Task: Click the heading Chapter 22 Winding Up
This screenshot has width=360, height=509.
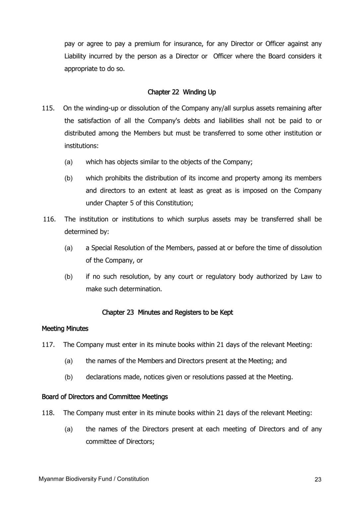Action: [182, 92]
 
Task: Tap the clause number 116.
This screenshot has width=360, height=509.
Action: [49, 219]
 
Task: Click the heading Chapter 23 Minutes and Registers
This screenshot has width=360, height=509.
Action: [167, 312]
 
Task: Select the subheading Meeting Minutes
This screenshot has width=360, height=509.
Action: [65, 329]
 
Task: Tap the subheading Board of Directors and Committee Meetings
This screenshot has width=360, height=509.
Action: [105, 397]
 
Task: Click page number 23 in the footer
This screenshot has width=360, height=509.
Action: [318, 480]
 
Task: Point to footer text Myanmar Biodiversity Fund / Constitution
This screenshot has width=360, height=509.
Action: [94, 479]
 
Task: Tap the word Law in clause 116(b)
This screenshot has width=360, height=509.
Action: [306, 277]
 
